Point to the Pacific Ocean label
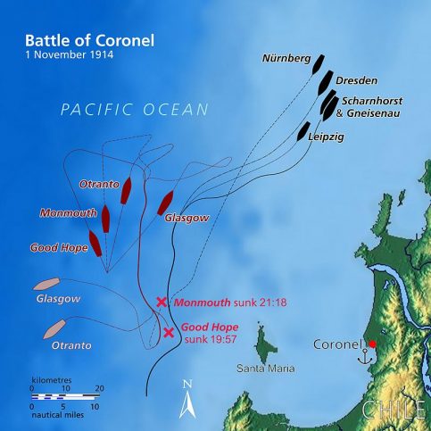[134, 110]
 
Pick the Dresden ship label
[359, 79]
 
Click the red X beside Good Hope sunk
[170, 333]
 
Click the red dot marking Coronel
[371, 344]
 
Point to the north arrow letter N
[187, 385]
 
